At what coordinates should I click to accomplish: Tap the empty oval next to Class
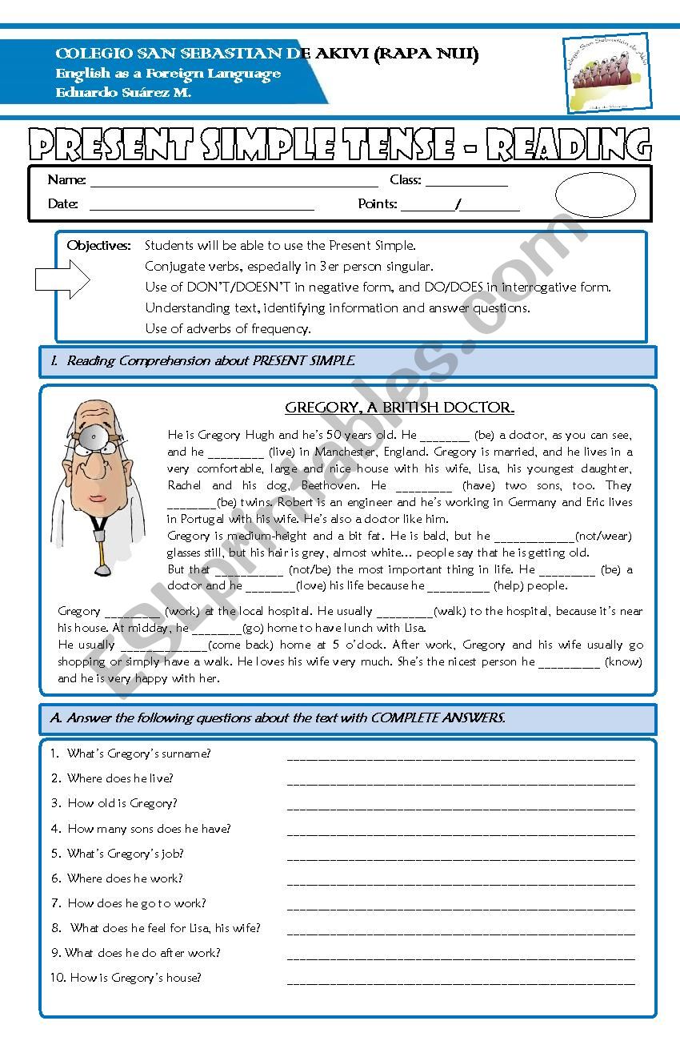(595, 195)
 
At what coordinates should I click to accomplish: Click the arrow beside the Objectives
(62, 279)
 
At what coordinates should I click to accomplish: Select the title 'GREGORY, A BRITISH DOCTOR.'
(399, 408)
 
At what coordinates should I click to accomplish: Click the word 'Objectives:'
(98, 245)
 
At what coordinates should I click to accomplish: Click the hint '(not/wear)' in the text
(603, 536)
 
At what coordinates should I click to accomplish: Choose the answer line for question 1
(460, 757)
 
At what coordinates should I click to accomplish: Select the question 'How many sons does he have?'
(148, 829)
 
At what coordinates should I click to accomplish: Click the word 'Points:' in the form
(378, 204)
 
